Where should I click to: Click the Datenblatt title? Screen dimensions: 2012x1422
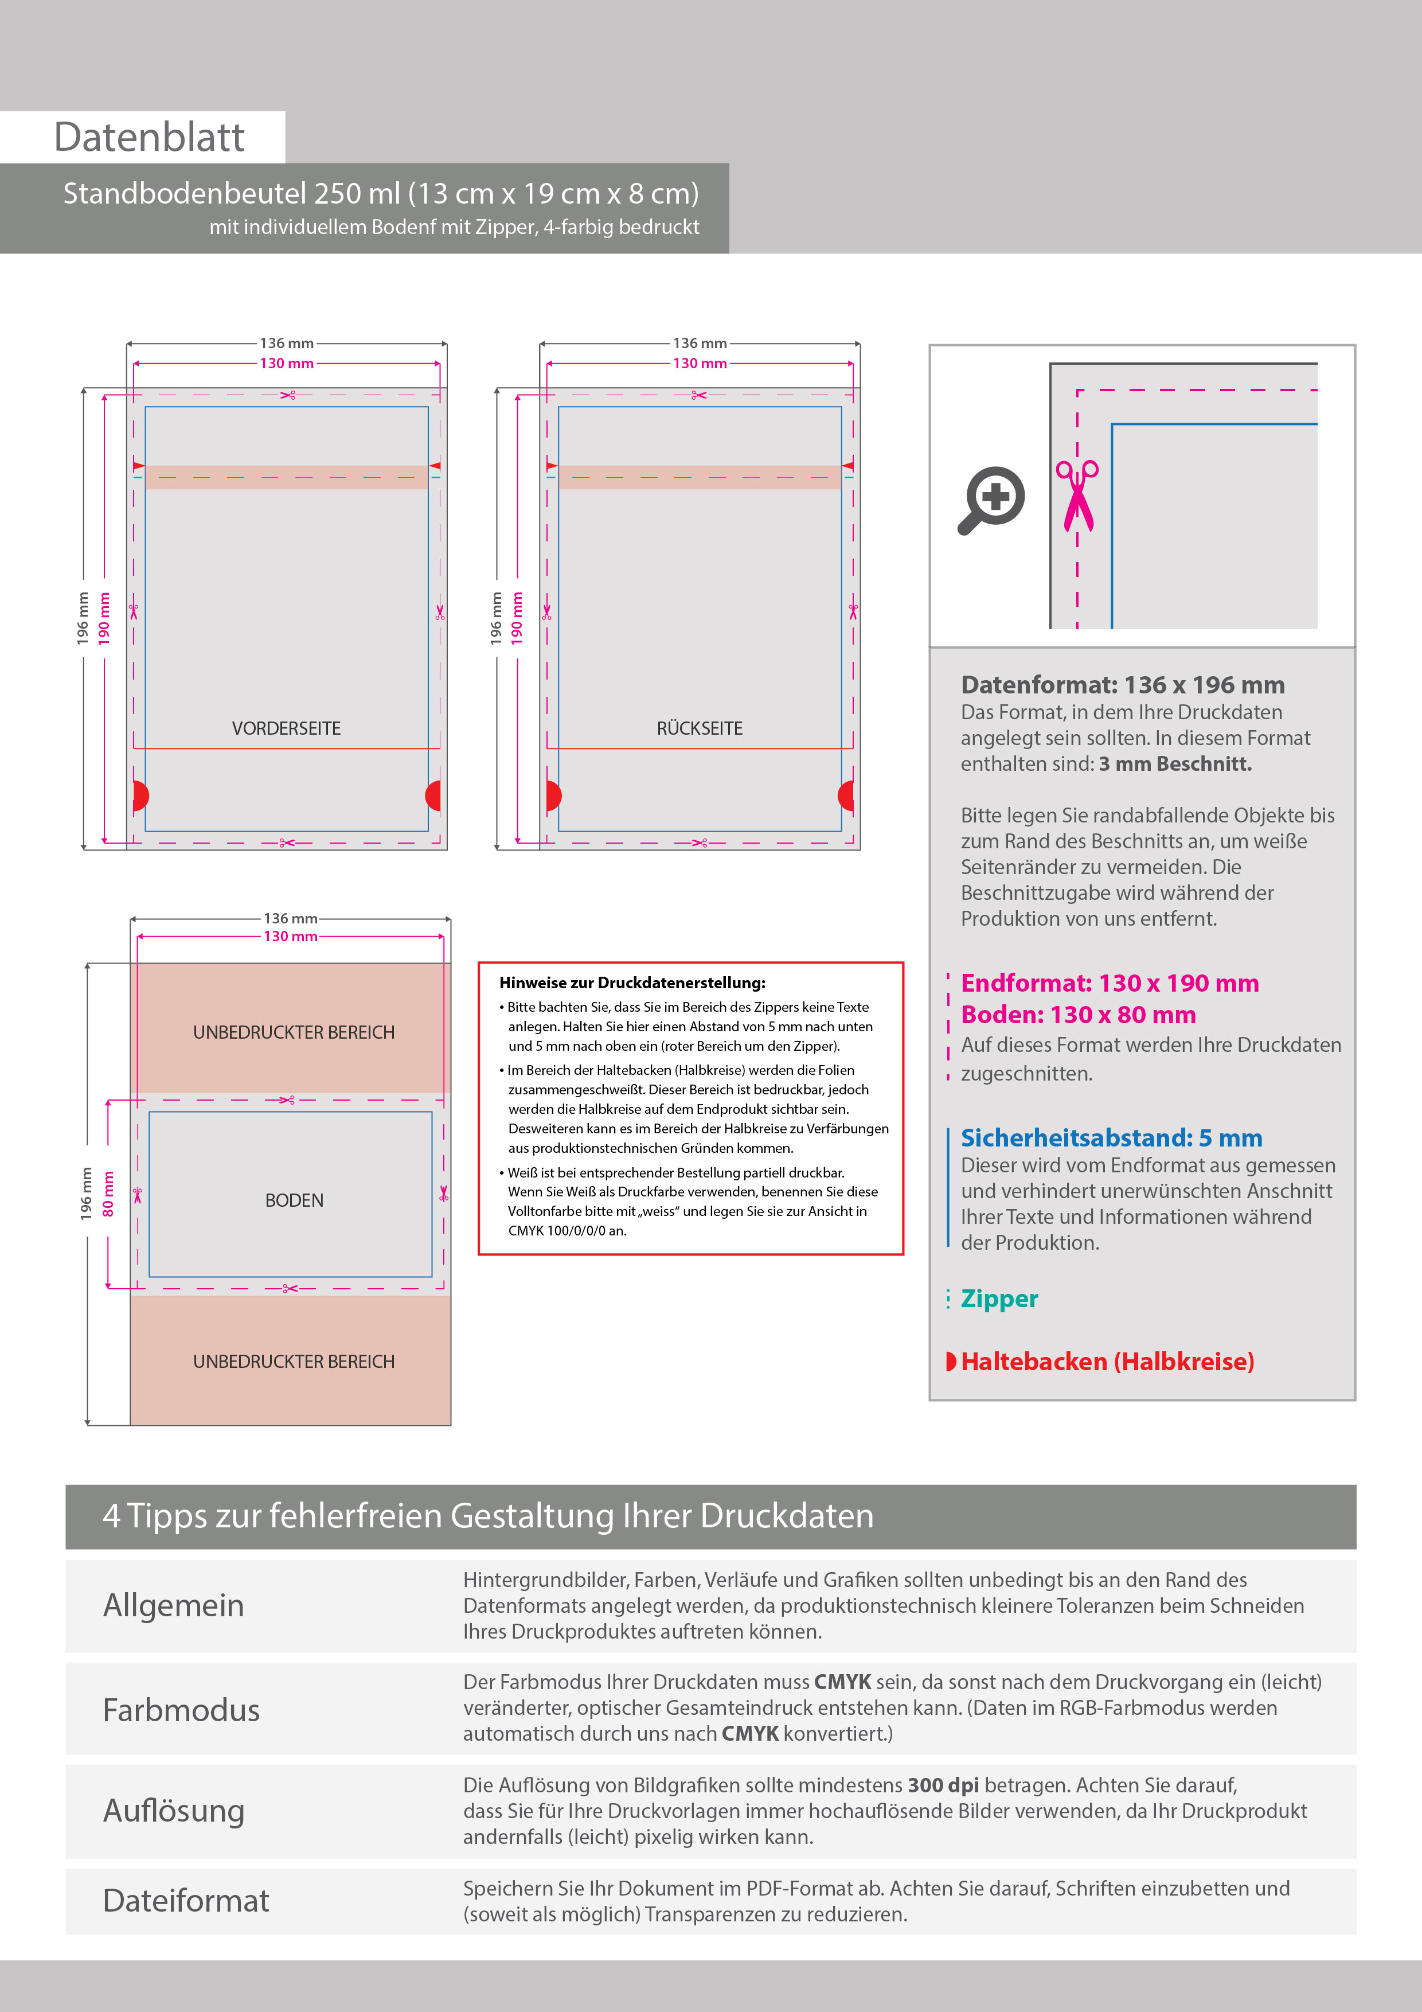point(149,138)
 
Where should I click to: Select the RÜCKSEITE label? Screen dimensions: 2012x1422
point(699,728)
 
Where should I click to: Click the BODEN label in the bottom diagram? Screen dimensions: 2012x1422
point(294,1200)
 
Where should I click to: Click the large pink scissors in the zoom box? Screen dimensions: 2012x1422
point(1077,495)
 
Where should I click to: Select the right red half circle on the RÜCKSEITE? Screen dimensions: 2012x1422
point(846,796)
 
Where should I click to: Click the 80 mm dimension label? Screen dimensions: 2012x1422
point(108,1194)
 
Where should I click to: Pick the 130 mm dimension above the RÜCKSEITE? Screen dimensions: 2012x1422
point(699,363)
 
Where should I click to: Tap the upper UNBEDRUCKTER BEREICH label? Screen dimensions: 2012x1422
point(294,1032)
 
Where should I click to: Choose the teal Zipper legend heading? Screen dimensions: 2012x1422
point(999,1298)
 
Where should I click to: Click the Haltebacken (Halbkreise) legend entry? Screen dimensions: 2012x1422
point(1107,1361)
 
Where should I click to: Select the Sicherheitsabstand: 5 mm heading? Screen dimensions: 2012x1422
point(1111,1137)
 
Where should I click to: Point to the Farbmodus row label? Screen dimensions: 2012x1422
point(181,1710)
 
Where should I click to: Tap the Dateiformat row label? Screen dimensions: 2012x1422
point(186,1900)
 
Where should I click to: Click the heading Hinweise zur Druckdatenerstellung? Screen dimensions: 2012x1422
point(632,983)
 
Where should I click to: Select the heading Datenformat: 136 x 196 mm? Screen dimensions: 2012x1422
point(1122,684)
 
